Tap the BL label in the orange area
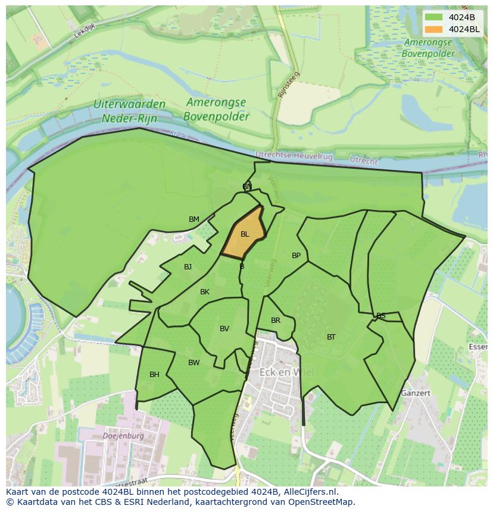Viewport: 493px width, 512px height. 245,234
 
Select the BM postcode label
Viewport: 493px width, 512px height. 194,219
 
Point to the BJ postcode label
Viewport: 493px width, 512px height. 188,267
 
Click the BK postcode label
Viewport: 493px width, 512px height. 205,292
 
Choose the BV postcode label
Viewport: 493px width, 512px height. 224,329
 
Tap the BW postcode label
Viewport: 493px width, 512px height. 194,363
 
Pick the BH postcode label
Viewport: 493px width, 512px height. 154,375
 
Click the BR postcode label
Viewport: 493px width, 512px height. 276,321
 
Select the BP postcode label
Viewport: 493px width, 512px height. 296,256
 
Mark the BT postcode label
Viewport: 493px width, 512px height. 331,337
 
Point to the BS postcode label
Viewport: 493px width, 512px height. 381,316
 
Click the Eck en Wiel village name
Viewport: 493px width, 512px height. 286,373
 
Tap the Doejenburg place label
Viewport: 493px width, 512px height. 123,435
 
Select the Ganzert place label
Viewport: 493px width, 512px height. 416,393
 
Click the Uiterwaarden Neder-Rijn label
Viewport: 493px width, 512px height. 129,111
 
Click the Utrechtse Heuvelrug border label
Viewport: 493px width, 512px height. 294,155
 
